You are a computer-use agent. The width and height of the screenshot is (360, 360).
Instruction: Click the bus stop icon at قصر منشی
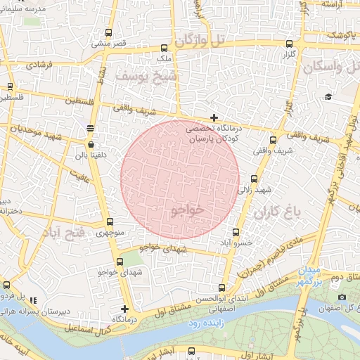click(x=108, y=32)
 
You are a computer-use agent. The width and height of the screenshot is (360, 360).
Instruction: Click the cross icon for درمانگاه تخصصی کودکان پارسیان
click(x=214, y=117)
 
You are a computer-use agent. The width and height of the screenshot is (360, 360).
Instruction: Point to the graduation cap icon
click(x=328, y=97)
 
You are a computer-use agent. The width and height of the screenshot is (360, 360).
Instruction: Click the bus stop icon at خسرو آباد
click(x=236, y=232)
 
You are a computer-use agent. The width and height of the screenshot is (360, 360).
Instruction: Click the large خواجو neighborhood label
click(x=187, y=210)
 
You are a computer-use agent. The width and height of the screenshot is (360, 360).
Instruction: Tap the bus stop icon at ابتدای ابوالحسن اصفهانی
click(x=222, y=288)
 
